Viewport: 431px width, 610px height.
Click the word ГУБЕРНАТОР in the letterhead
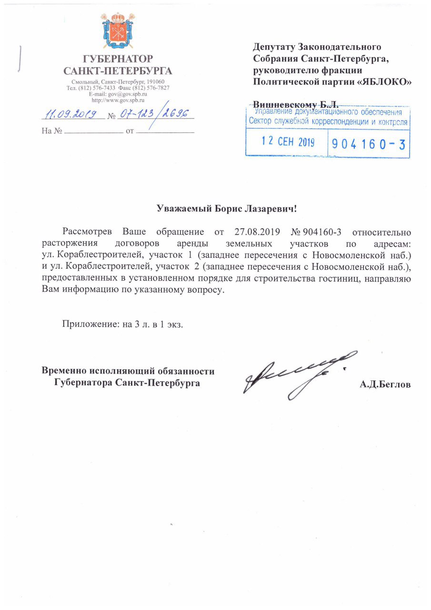(118, 60)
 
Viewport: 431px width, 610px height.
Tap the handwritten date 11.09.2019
(71, 114)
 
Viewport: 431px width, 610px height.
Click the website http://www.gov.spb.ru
(118, 100)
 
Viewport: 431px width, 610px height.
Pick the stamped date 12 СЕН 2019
(286, 142)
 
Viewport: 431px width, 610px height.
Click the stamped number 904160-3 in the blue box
(368, 143)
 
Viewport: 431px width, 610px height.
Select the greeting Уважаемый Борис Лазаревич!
(230, 209)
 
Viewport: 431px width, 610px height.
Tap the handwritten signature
(295, 376)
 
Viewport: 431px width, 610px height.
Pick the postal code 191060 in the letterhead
(154, 82)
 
